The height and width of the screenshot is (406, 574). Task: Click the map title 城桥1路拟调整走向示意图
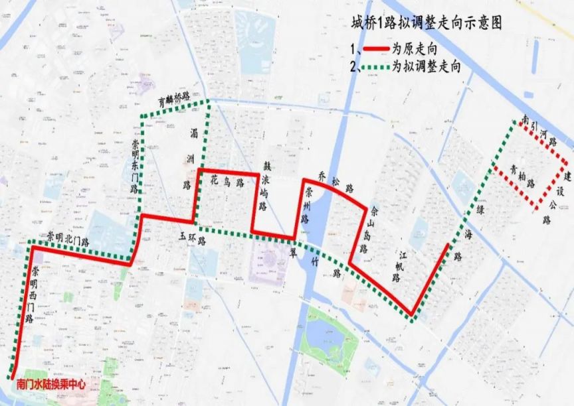[426, 23]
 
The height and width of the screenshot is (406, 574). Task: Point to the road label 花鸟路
[225, 181]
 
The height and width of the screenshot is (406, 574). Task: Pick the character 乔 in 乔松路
[323, 175]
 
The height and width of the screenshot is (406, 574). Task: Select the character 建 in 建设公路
[568, 177]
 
